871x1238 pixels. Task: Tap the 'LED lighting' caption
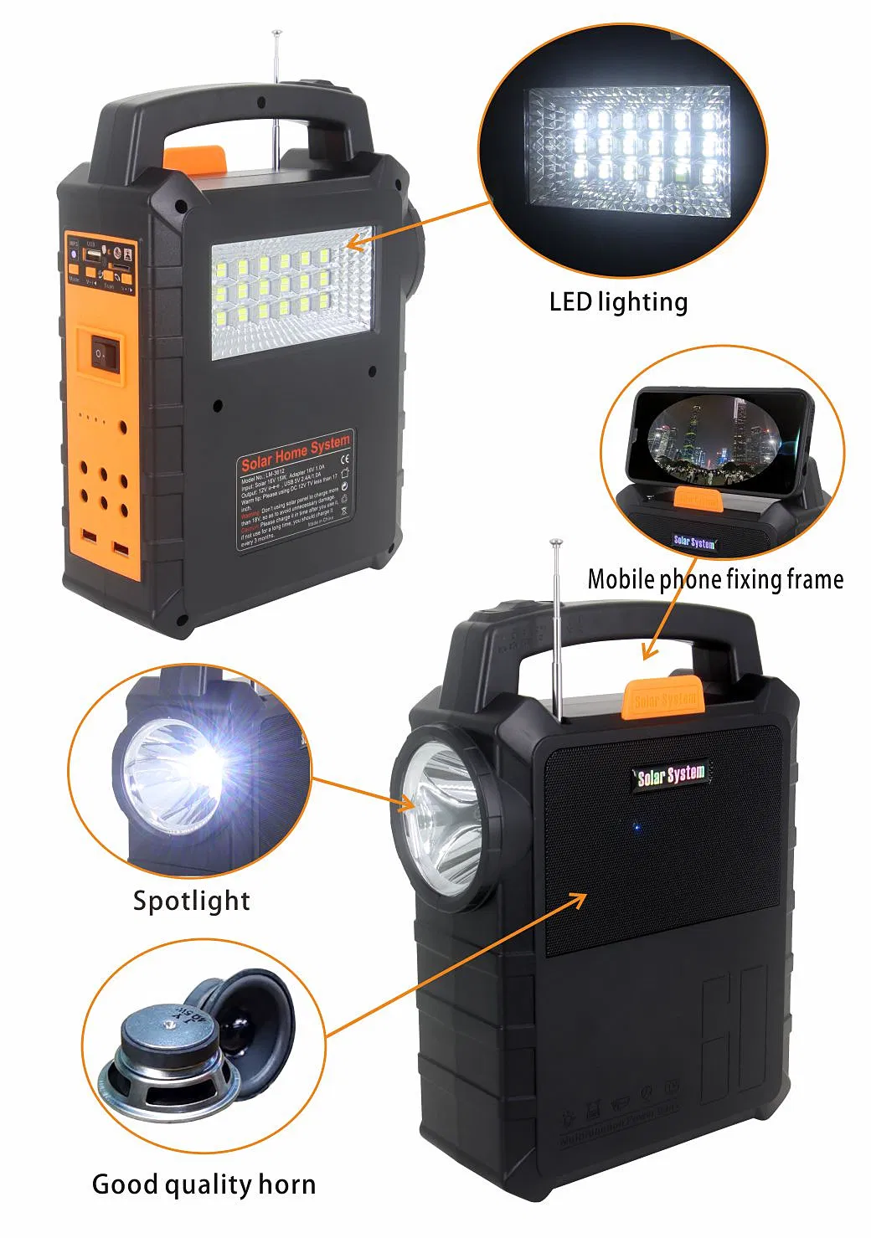618,302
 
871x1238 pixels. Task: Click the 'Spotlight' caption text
191,901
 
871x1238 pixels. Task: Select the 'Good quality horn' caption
204,1184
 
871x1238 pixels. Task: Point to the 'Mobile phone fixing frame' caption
715,579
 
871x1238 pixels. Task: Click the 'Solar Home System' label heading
295,452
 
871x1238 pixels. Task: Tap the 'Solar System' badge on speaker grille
671,775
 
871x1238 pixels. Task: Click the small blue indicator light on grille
636,828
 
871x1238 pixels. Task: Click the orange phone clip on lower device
662,696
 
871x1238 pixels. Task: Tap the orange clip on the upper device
193,157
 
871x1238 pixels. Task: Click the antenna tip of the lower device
554,544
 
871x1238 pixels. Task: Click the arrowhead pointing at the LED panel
353,244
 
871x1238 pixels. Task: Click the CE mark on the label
343,458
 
